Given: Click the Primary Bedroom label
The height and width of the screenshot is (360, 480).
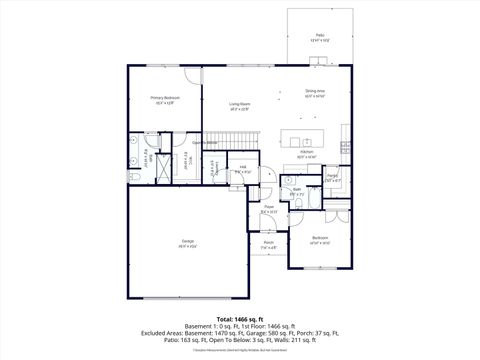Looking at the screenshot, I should [163, 98].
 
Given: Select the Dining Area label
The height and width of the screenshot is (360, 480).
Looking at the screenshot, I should [315, 92].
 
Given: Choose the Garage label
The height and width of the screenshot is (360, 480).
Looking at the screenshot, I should [188, 241].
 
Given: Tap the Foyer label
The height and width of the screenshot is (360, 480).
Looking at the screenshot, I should [269, 208].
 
